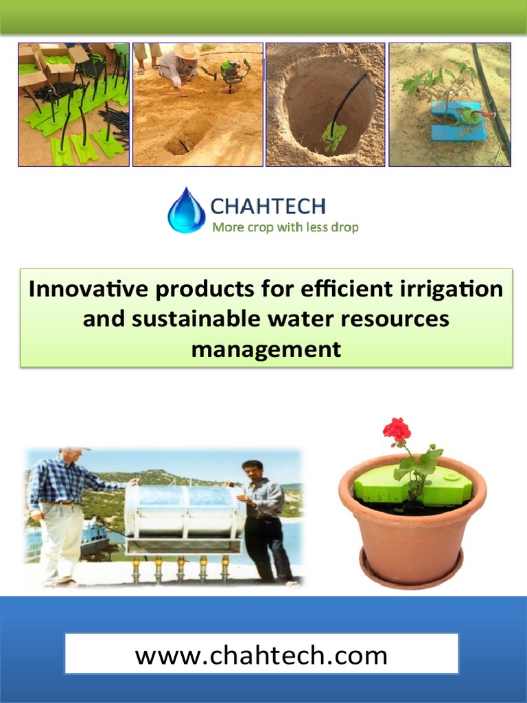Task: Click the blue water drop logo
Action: tap(186, 211)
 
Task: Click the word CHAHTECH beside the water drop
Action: tap(268, 206)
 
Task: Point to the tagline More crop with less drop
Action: tap(285, 227)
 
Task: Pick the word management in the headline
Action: tap(266, 349)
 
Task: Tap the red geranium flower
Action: tap(397, 430)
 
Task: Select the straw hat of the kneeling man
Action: tap(186, 51)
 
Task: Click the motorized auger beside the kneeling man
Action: tap(231, 73)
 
